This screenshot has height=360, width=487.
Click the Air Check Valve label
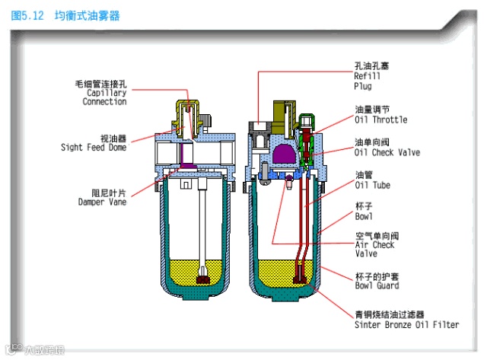pyautogui.click(x=375, y=245)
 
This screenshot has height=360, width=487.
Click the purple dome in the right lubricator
pyautogui.click(x=279, y=153)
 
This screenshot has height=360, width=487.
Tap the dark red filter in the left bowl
pyautogui.click(x=203, y=279)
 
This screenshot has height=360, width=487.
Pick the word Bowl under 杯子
pyautogui.click(x=364, y=217)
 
